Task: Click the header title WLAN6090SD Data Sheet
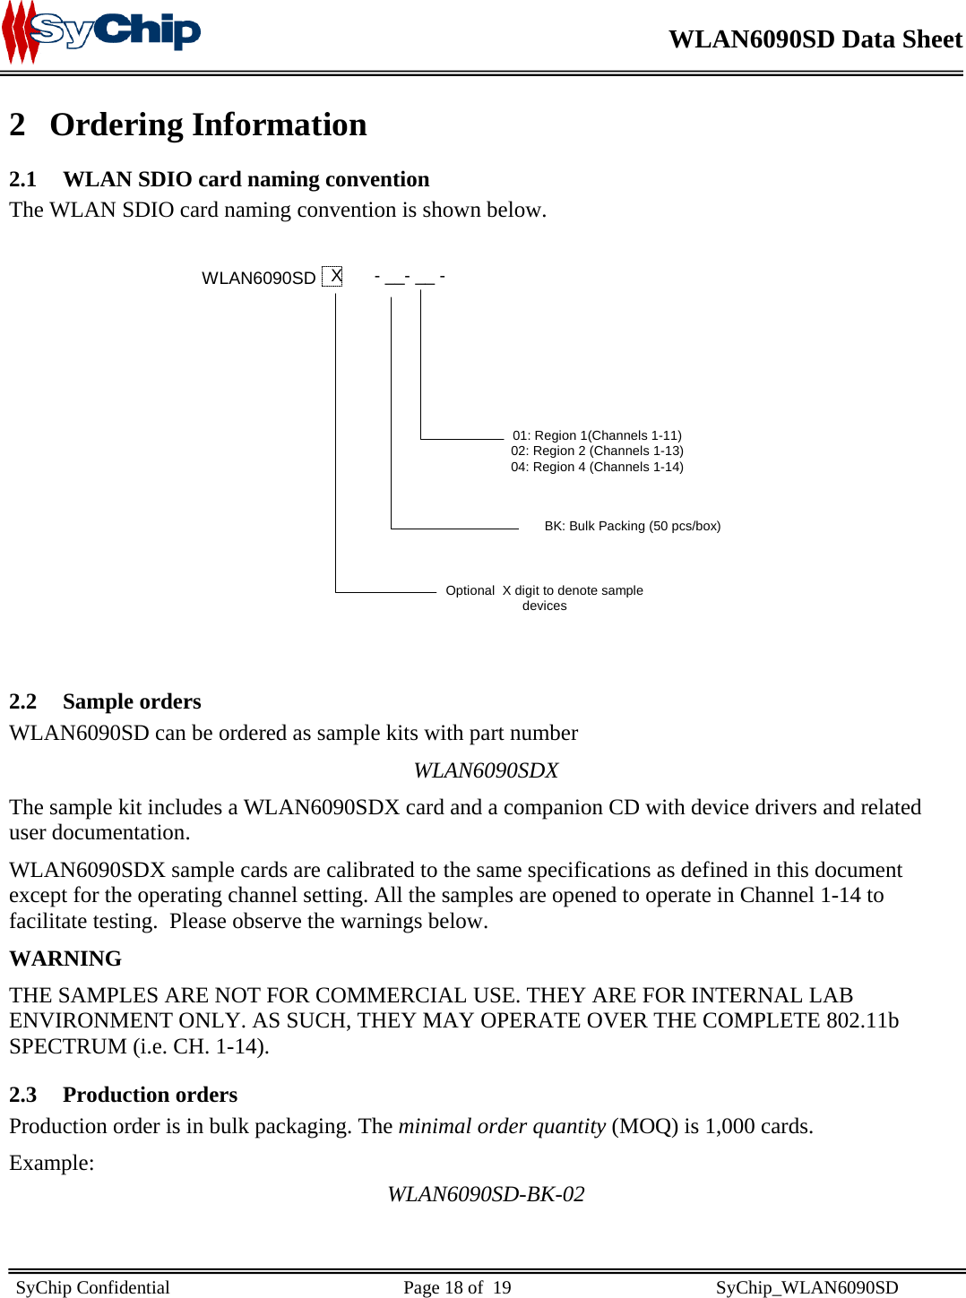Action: tap(815, 39)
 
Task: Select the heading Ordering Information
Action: tap(208, 125)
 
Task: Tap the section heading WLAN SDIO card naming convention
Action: tap(246, 179)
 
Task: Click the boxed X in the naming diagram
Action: tap(332, 276)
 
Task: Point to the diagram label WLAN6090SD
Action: tap(258, 278)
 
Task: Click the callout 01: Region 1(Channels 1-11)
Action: tap(597, 435)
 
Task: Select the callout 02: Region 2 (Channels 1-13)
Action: tap(597, 451)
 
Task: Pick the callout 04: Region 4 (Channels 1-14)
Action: tap(597, 467)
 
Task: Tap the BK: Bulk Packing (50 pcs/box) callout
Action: tap(632, 526)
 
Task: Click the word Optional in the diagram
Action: tap(470, 590)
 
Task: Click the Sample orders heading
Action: tap(132, 701)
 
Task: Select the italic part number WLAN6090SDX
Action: tap(486, 770)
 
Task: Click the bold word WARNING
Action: tap(65, 958)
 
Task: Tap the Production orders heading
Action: tap(150, 1095)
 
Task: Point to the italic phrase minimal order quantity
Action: tap(502, 1126)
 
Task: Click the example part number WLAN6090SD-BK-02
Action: tap(486, 1194)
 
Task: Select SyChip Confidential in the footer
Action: tap(92, 1287)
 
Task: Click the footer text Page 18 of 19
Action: tap(457, 1287)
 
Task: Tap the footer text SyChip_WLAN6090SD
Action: tap(806, 1287)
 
